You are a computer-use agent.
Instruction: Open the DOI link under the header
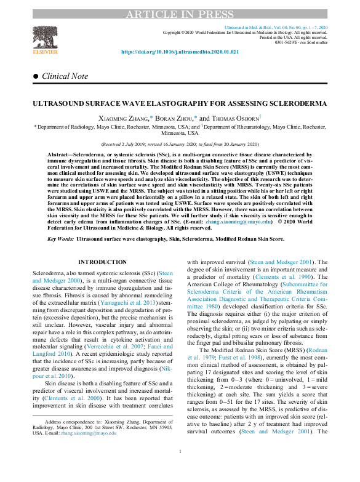pos(180,53)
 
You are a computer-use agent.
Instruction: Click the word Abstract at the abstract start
pos(61,153)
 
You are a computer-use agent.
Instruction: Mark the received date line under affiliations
pos(180,144)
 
